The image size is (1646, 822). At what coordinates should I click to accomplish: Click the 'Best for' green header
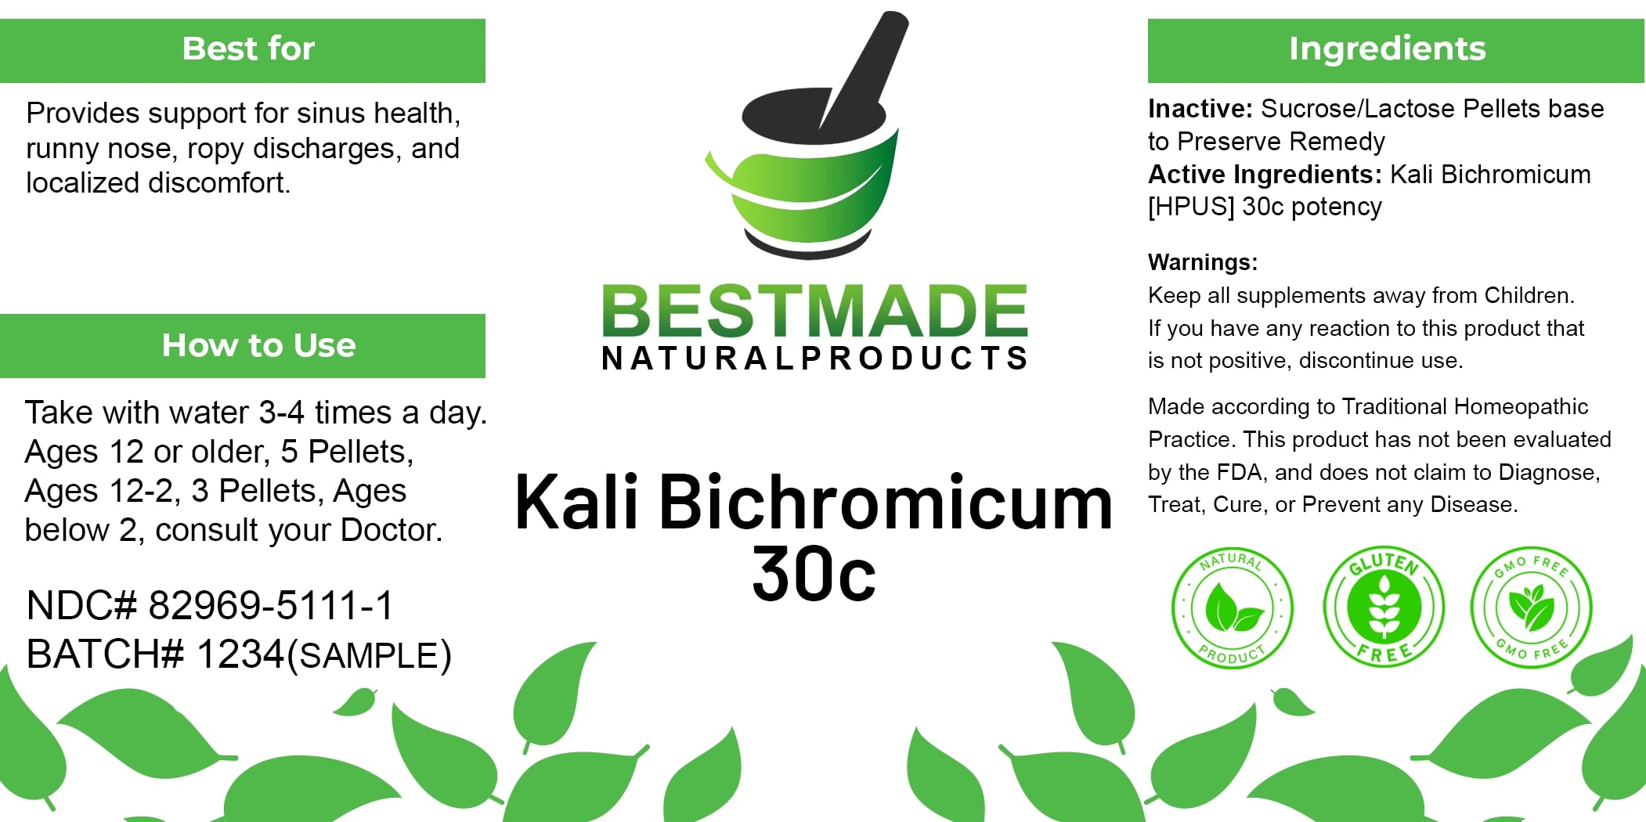[x=243, y=51]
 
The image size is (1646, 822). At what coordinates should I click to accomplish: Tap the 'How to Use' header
[x=243, y=346]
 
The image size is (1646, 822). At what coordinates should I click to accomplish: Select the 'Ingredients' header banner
[x=1395, y=51]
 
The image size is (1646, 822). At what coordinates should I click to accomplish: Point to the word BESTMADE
[x=814, y=311]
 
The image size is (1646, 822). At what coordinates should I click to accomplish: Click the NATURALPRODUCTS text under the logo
[x=814, y=359]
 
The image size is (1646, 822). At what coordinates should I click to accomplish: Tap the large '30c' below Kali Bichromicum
[x=814, y=575]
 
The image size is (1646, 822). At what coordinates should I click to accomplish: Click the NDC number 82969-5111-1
[x=271, y=606]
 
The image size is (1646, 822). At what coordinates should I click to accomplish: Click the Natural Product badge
[x=1233, y=607]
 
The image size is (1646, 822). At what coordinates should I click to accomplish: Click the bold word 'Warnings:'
[x=1203, y=262]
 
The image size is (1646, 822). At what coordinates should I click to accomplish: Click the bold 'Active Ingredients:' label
[x=1265, y=175]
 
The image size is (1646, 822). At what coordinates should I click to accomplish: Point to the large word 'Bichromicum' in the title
[x=886, y=502]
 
